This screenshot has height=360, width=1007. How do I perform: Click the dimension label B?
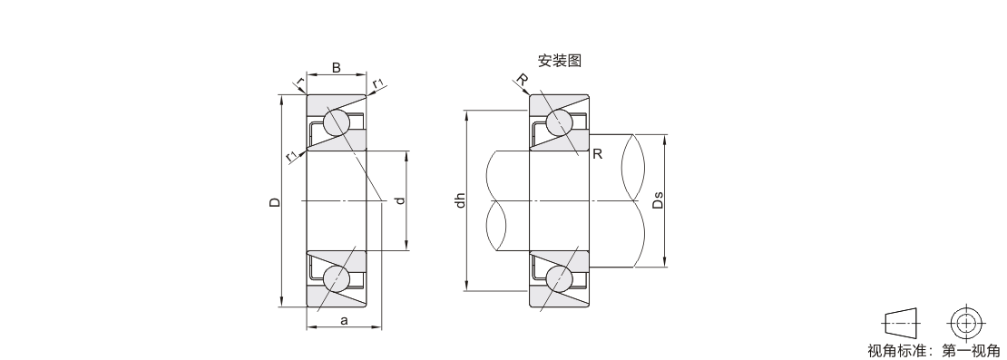(336, 67)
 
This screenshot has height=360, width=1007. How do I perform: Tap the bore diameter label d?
(400, 200)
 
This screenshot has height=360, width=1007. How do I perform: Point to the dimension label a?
(344, 319)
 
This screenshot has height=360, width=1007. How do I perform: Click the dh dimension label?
(459, 200)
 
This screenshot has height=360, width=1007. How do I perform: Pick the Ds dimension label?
(658, 200)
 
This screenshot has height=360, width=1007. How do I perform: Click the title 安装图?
(560, 61)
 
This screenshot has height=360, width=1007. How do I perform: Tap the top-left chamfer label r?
(299, 82)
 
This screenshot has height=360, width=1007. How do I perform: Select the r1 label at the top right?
(378, 83)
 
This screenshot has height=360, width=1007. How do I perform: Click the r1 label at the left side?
(292, 155)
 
